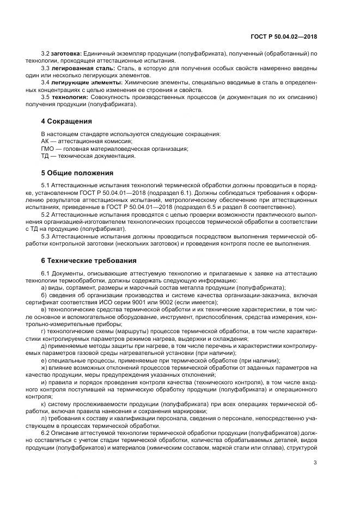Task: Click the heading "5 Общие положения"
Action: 77,173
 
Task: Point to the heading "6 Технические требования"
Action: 89,260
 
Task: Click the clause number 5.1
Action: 46,186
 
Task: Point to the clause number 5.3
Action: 46,236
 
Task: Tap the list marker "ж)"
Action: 45,367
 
